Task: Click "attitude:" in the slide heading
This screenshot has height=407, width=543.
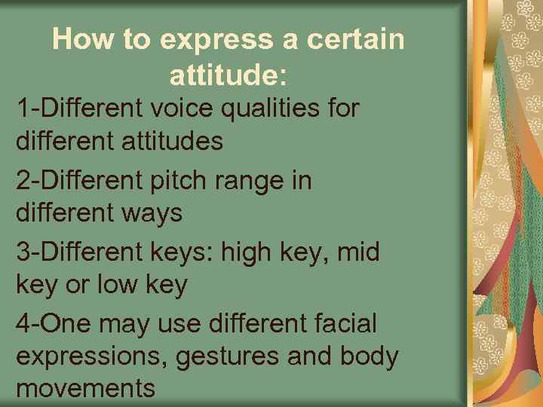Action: tap(229, 75)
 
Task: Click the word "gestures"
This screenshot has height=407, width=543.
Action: tap(230, 357)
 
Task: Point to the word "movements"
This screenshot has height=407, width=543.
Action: tap(85, 389)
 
